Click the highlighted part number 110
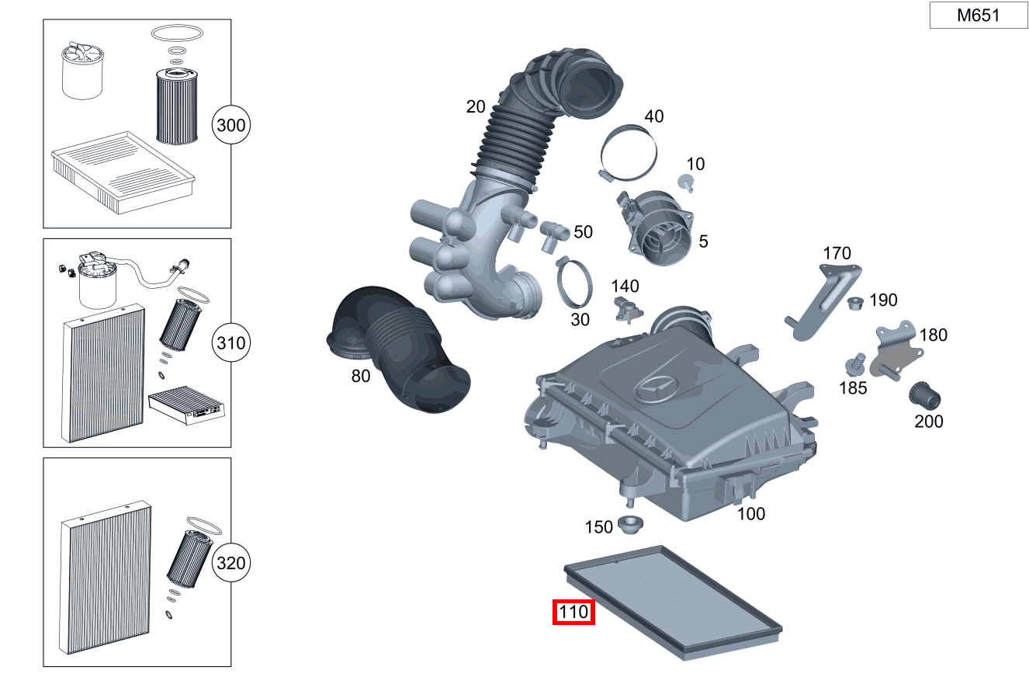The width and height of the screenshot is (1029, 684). point(573,613)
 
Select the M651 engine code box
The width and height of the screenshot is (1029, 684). point(978,16)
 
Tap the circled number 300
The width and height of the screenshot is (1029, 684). point(231,125)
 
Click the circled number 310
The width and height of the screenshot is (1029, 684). point(231,343)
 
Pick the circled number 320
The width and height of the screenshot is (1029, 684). point(231,563)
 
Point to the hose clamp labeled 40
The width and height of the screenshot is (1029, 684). point(629,151)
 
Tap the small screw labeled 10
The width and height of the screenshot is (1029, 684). point(685,182)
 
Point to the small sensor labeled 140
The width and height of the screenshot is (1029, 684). point(625,307)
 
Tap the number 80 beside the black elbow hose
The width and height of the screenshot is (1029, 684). point(361,377)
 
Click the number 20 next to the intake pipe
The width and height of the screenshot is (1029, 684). point(476,106)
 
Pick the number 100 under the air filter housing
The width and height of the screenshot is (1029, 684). point(750,513)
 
